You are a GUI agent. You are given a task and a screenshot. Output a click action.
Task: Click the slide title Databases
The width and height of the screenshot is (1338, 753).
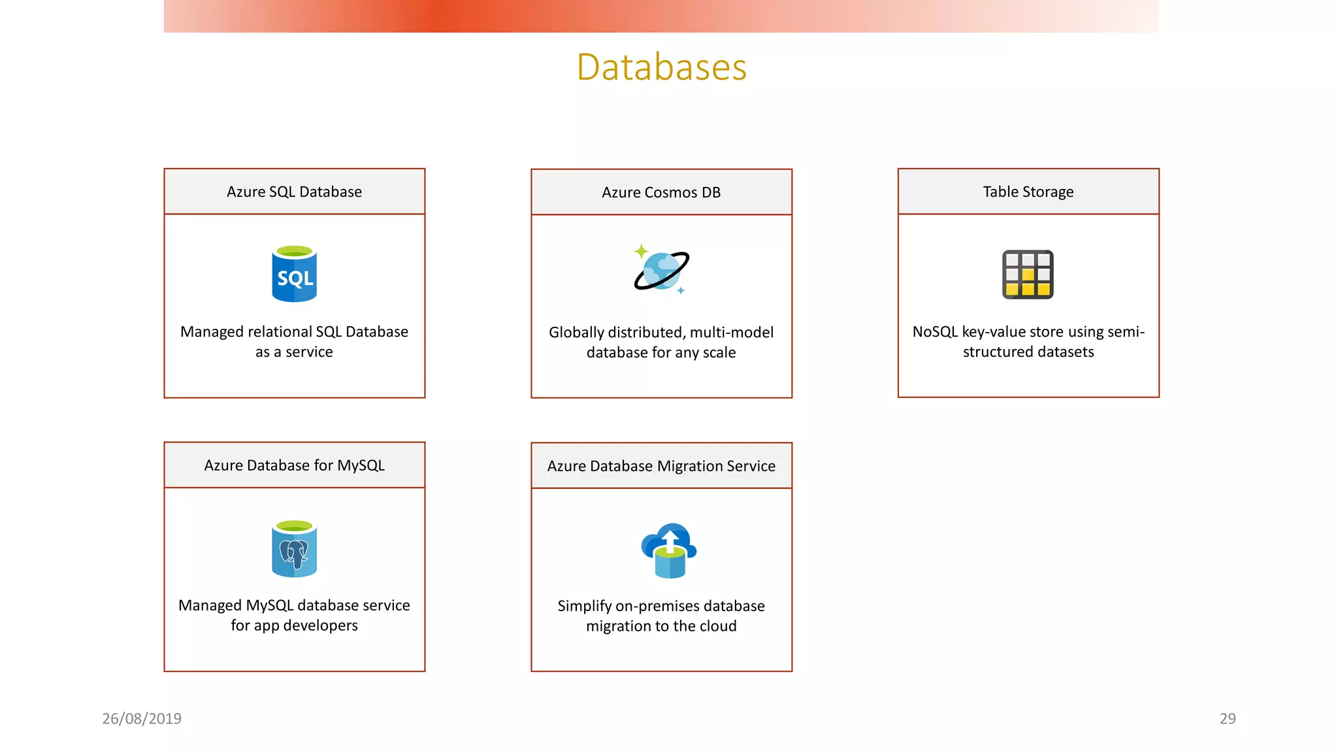[661, 67]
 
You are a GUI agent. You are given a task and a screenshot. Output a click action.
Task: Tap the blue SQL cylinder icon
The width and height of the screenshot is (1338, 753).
[294, 275]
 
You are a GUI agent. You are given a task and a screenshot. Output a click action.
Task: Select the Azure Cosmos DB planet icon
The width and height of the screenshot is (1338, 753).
[661, 271]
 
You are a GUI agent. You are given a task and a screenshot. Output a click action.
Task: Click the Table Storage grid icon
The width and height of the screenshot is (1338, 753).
[1028, 275]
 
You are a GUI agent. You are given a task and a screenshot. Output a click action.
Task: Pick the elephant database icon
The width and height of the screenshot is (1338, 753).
[294, 550]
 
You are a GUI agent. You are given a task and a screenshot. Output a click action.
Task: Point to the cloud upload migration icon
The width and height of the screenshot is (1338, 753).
[669, 550]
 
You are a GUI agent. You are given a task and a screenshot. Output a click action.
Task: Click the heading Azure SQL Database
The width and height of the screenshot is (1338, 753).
[294, 192]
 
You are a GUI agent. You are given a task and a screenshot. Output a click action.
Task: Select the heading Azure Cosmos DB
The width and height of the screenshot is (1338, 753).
[661, 192]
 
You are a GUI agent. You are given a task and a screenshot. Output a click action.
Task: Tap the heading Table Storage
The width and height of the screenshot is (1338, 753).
[1028, 192]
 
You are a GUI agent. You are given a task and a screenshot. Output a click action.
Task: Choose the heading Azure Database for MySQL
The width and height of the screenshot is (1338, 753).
[294, 465]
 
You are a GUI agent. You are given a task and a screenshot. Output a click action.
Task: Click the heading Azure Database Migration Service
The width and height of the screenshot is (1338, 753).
[661, 466]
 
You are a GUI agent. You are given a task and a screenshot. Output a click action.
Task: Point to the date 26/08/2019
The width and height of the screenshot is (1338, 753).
[142, 718]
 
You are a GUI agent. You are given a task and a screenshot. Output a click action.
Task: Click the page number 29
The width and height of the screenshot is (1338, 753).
[1227, 718]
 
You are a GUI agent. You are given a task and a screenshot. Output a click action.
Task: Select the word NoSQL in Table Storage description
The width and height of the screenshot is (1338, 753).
[935, 332]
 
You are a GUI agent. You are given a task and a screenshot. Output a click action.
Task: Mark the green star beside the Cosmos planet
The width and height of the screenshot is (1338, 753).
[641, 251]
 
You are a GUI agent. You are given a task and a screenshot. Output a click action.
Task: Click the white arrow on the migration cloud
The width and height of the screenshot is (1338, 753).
[670, 540]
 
